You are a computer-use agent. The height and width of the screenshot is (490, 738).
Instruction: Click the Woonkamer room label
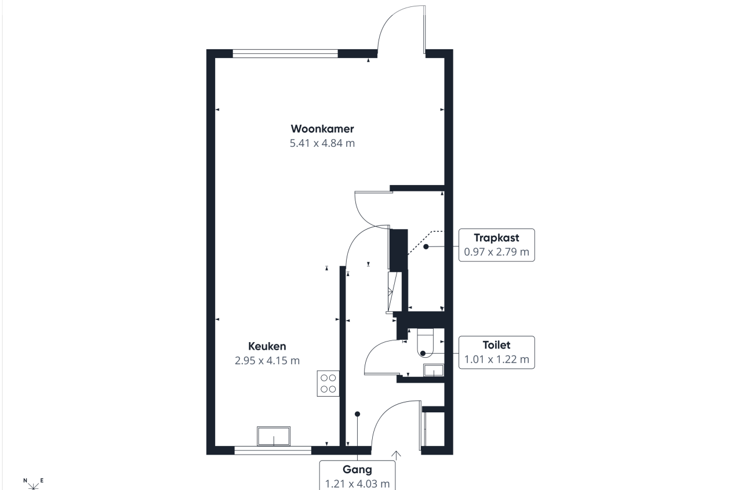(x=322, y=129)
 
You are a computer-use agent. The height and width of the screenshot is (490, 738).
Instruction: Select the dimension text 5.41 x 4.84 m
(x=322, y=143)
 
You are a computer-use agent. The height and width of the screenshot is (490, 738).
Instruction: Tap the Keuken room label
(x=267, y=346)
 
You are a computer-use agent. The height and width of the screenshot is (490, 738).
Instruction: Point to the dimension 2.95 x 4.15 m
(x=267, y=361)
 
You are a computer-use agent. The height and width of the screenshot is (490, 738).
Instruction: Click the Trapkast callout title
(x=496, y=238)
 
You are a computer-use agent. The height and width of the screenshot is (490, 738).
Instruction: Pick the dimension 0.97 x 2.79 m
(x=496, y=252)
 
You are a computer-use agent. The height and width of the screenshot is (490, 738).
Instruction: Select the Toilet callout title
(x=496, y=345)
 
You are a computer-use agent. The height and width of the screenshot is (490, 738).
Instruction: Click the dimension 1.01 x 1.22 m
(x=496, y=360)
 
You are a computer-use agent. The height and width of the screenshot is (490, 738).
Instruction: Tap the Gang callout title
(x=357, y=470)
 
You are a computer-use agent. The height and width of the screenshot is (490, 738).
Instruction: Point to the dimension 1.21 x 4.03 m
(x=357, y=483)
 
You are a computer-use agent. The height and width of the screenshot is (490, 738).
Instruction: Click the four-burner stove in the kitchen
(x=328, y=383)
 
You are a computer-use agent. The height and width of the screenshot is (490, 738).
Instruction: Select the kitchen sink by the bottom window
(x=274, y=436)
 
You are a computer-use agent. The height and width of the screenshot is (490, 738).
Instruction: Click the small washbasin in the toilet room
(x=434, y=371)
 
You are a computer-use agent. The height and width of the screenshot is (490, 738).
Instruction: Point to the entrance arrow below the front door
(x=397, y=455)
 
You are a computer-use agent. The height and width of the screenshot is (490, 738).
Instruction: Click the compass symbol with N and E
(x=33, y=483)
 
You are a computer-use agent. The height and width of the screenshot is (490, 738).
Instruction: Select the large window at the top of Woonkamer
(x=285, y=54)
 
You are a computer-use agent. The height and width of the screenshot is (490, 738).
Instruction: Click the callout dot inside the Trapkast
(x=426, y=246)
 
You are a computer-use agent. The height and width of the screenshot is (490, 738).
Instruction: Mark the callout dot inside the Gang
(x=357, y=414)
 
